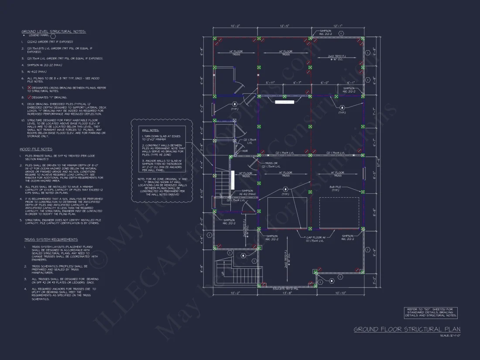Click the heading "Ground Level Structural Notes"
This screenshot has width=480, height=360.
pos(54,31)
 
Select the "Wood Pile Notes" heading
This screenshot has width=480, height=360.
pos(36,149)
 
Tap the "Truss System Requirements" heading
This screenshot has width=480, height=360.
pos(51,240)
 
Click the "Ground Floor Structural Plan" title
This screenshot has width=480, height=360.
pos(407,329)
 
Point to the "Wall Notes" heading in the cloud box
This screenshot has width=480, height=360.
pos(149,130)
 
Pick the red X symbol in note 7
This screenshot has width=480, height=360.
pos(29,88)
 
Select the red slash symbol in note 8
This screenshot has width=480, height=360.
pos(29,97)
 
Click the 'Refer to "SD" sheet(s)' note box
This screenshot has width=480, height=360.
pos(430,312)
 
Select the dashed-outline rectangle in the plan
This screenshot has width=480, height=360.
pos(339,213)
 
